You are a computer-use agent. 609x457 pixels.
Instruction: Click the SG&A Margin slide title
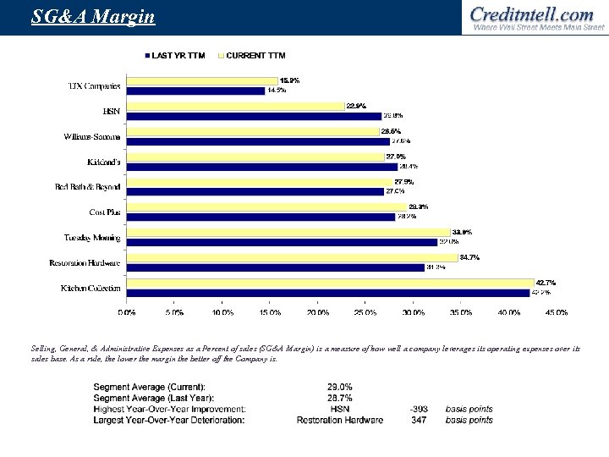[x=81, y=16]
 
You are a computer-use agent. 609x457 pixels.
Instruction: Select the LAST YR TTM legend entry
[x=177, y=56]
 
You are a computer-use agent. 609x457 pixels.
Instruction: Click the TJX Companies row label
[x=94, y=86]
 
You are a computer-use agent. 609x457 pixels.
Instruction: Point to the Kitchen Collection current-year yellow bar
[x=330, y=284]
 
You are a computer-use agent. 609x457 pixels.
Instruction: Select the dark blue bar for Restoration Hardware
[x=275, y=268]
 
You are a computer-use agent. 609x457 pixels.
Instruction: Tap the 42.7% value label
[x=545, y=283]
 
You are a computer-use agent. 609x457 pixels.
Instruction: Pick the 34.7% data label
[x=469, y=257]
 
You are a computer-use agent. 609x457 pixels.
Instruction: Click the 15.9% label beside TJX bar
[x=289, y=80]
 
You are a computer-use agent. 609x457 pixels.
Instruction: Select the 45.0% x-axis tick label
[x=556, y=312]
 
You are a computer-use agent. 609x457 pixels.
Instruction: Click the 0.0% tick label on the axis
[x=126, y=312]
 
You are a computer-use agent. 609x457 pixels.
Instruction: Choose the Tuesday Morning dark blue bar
[x=281, y=243]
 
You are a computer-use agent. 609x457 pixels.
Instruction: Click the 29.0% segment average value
[x=339, y=387]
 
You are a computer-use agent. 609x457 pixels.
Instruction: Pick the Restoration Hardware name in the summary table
[x=339, y=420]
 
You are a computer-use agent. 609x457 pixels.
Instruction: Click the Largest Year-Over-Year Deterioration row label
[x=168, y=420]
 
